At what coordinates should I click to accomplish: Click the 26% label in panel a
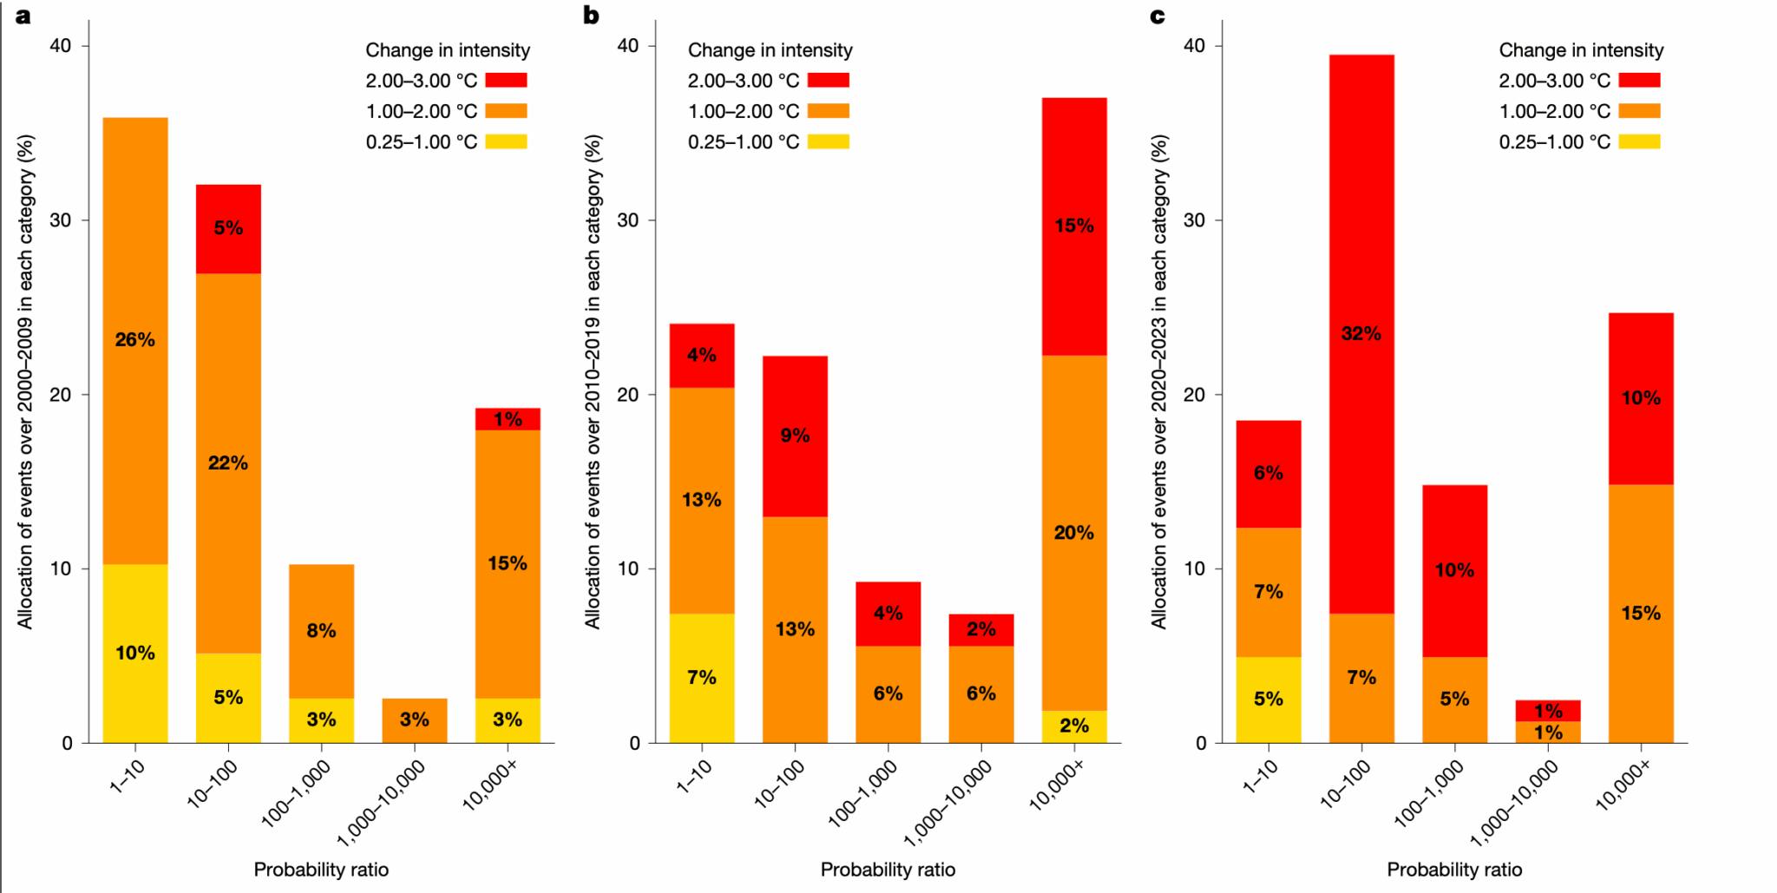[x=134, y=339]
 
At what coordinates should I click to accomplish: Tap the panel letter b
[x=591, y=15]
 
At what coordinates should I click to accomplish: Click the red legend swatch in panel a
[x=506, y=80]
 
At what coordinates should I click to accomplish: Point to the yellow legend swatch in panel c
[x=1639, y=141]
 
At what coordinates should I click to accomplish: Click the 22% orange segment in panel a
[x=228, y=463]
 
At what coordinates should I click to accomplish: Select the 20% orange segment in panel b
[x=1073, y=532]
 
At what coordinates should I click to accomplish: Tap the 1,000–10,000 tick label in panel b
[x=948, y=803]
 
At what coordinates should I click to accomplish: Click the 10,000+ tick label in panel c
[x=1623, y=785]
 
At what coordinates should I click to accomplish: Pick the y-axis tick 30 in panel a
[x=60, y=220]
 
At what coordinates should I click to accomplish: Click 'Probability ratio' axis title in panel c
[x=1454, y=869]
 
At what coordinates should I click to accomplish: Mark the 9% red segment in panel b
[x=795, y=436]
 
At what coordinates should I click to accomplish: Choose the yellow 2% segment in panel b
[x=1073, y=726]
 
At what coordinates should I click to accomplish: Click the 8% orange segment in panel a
[x=321, y=631]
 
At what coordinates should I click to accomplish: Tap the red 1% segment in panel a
[x=508, y=419]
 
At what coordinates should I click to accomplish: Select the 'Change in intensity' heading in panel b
[x=770, y=50]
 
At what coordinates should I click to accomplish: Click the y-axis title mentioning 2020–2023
[x=1159, y=382]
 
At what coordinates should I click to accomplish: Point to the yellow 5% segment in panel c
[x=1268, y=699]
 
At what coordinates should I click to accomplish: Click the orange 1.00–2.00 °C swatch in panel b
[x=828, y=111]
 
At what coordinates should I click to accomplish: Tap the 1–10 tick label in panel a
[x=127, y=776]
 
